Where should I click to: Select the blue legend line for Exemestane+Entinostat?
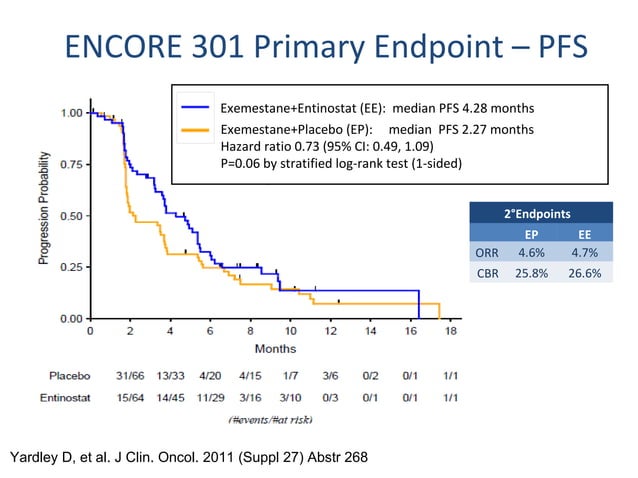[x=195, y=107]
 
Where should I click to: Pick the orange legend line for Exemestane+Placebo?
[x=195, y=130]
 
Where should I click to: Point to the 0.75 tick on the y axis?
[x=88, y=164]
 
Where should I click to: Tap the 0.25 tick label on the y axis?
[x=72, y=267]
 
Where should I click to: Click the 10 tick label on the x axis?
[x=291, y=331]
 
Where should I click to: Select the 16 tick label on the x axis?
[x=411, y=331]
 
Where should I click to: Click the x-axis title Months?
[x=275, y=349]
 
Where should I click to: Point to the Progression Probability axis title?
[x=44, y=208]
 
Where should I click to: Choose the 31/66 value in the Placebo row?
[x=130, y=375]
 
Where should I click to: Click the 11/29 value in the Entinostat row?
[x=210, y=397]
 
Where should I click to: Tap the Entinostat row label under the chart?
[x=65, y=397]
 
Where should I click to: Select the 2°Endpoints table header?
[x=537, y=214]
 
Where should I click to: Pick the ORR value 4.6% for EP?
[x=531, y=253]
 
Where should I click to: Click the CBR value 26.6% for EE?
[x=585, y=273]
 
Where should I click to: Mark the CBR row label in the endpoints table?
[x=487, y=273]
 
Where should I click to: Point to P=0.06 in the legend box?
[x=240, y=164]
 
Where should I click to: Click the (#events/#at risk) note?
[x=271, y=419]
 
